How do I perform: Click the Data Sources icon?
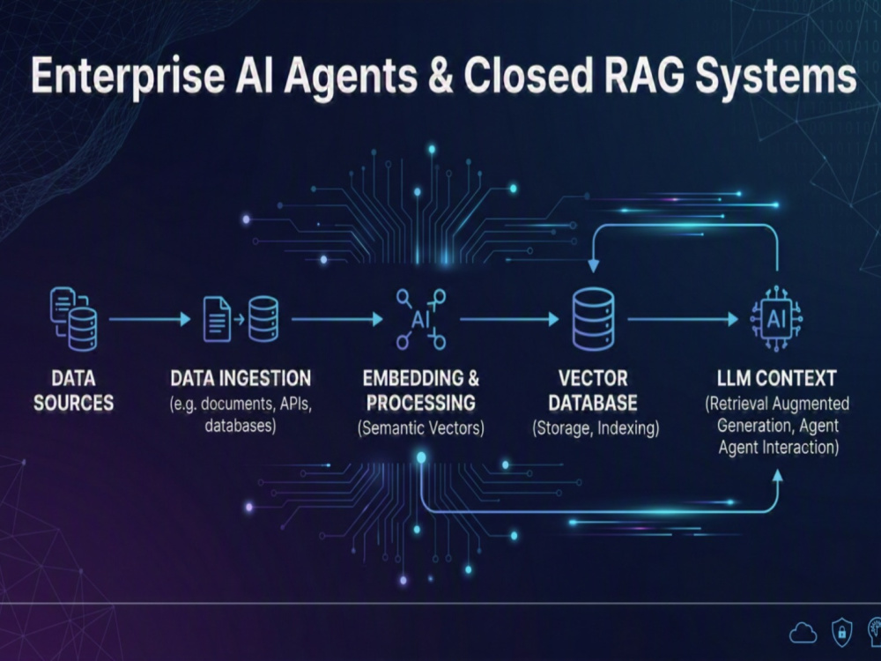73,319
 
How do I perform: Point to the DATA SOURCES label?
74,390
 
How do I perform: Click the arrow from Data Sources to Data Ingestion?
150,319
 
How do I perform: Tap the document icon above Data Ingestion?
217,319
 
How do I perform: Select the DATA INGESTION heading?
241,378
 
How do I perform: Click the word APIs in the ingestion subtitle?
295,404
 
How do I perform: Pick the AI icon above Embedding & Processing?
421,319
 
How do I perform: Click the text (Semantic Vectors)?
421,428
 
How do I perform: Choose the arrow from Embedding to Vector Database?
509,319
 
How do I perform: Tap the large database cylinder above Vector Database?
593,319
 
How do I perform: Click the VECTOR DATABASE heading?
593,390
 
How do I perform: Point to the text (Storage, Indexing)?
596,428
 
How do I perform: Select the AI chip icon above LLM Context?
776,319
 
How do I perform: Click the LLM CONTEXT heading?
777,378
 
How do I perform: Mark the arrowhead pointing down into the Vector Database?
593,266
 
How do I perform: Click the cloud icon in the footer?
803,633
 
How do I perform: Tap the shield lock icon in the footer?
841,632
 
